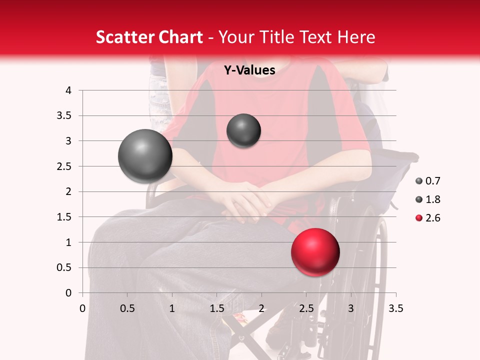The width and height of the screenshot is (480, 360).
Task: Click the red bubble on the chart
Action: (315, 252)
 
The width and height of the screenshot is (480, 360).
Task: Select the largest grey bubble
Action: (145, 156)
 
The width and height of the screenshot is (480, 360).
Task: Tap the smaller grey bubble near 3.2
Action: (243, 131)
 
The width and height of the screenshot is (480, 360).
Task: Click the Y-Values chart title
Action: (249, 70)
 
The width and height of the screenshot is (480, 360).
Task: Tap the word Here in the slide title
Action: (355, 37)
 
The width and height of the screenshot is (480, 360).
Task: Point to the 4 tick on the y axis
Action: (68, 90)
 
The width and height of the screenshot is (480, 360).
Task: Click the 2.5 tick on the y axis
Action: (65, 166)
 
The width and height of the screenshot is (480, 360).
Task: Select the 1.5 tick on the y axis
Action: (65, 217)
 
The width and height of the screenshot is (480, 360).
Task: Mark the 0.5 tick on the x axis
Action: (127, 308)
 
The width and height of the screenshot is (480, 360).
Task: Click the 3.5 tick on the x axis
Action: (395, 308)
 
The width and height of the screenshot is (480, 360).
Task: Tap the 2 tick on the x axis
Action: (261, 308)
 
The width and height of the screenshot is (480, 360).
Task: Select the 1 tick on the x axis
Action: (172, 308)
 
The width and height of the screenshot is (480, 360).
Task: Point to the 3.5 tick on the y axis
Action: (65, 116)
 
